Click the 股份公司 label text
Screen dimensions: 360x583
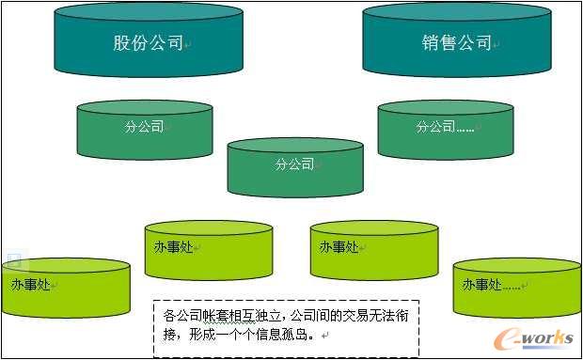[148, 43]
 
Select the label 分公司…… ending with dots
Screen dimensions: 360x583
[445, 127]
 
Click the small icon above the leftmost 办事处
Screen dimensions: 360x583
[14, 260]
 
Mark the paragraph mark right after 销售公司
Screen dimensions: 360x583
[496, 44]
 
